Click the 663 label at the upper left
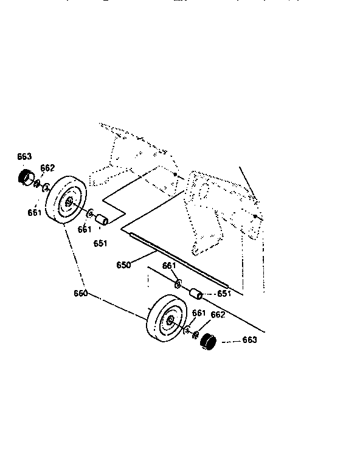pos(24,157)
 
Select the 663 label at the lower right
pos(249,340)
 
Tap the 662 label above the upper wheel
pos(48,168)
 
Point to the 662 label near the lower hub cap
pos(217,314)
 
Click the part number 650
pos(123,266)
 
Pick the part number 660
pos(81,293)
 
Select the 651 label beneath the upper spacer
pos(100,244)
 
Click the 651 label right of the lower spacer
pos(224,293)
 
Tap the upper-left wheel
pos(66,201)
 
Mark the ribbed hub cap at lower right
pos(209,342)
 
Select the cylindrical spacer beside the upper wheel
pos(100,219)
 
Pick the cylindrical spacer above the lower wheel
pos(196,295)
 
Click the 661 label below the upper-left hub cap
pos(35,212)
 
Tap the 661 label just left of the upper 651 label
pos(84,229)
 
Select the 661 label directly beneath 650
pos(170,266)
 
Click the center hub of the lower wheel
pos(170,320)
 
